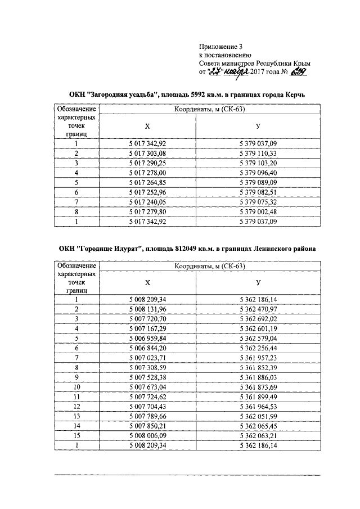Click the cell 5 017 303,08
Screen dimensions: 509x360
pos(148,153)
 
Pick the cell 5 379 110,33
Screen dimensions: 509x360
pos(258,153)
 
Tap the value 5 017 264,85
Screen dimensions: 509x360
pos(148,182)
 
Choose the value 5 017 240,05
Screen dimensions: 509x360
pos(148,202)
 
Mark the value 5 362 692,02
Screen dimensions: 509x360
pos(258,318)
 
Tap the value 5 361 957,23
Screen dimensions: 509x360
pos(258,358)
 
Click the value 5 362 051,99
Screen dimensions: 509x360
pos(258,416)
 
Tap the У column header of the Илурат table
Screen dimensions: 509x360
pos(258,283)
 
